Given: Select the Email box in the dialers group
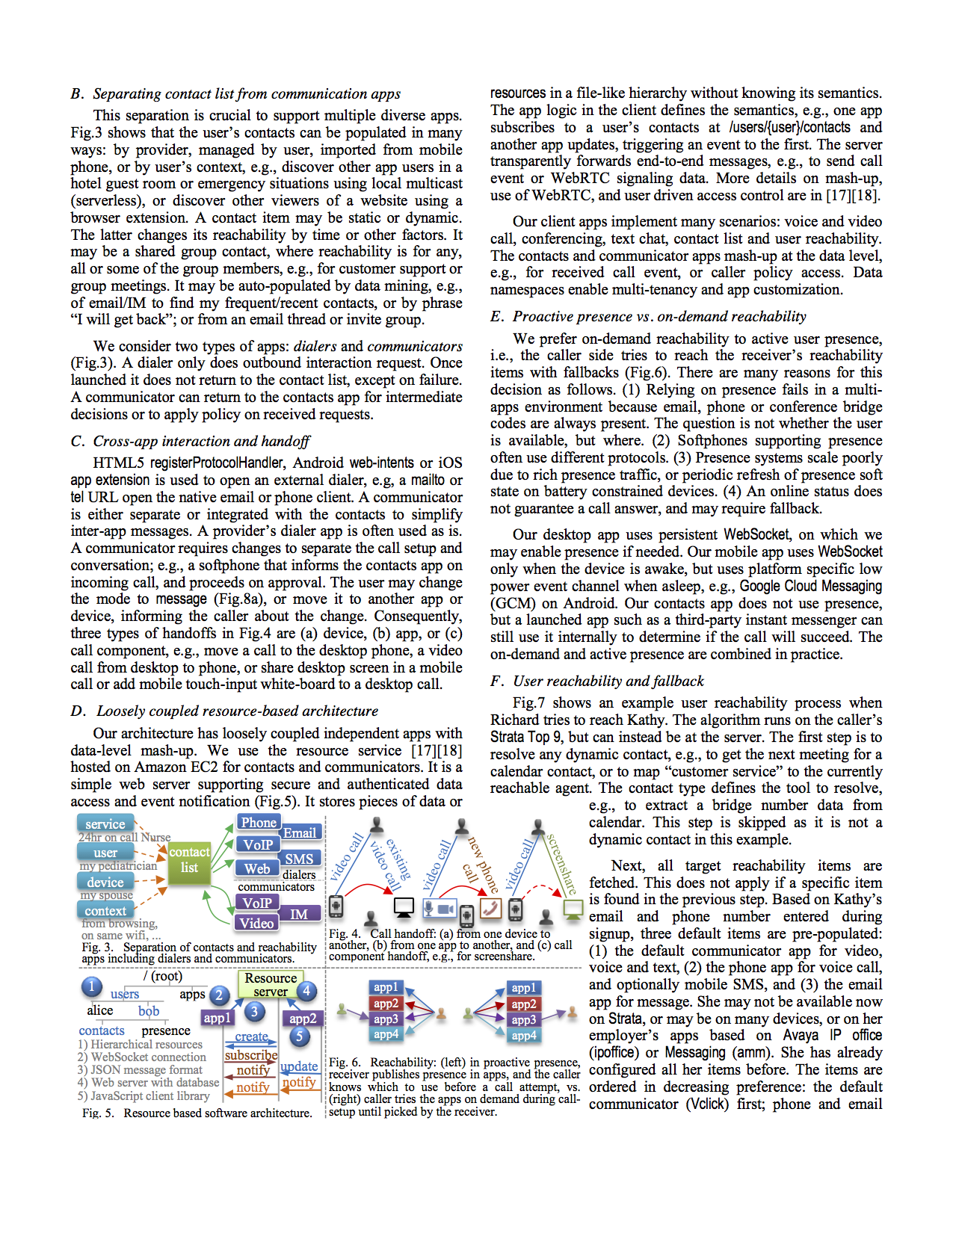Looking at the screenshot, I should pyautogui.click(x=300, y=832).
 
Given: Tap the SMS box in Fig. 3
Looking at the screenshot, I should pyautogui.click(x=299, y=859).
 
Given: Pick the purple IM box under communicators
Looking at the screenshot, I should pyautogui.click(x=299, y=913).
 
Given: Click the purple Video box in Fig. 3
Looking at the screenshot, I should pyautogui.click(x=256, y=923).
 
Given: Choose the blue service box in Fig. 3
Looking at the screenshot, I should pyautogui.click(x=105, y=823).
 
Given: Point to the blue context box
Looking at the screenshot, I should pyautogui.click(x=105, y=910).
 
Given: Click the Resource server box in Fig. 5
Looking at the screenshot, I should pyautogui.click(x=271, y=984).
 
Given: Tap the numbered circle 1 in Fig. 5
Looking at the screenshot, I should pyautogui.click(x=91, y=986).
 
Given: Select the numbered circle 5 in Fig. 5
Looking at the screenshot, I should pyautogui.click(x=299, y=1036).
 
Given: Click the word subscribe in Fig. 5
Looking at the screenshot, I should pyautogui.click(x=251, y=1055).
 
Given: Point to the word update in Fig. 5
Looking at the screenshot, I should pyautogui.click(x=299, y=1066).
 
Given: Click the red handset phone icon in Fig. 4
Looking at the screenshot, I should pyautogui.click(x=490, y=908).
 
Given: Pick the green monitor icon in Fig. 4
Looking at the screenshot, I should pyautogui.click(x=573, y=909).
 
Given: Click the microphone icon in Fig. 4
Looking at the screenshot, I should pyautogui.click(x=429, y=909).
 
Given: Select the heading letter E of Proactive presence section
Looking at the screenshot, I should pyautogui.click(x=496, y=317).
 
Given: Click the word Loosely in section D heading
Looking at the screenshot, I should pyautogui.click(x=124, y=711).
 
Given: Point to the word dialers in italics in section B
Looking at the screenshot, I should pyautogui.click(x=315, y=347).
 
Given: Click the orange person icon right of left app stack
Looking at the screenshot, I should pyautogui.click(x=441, y=1013).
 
